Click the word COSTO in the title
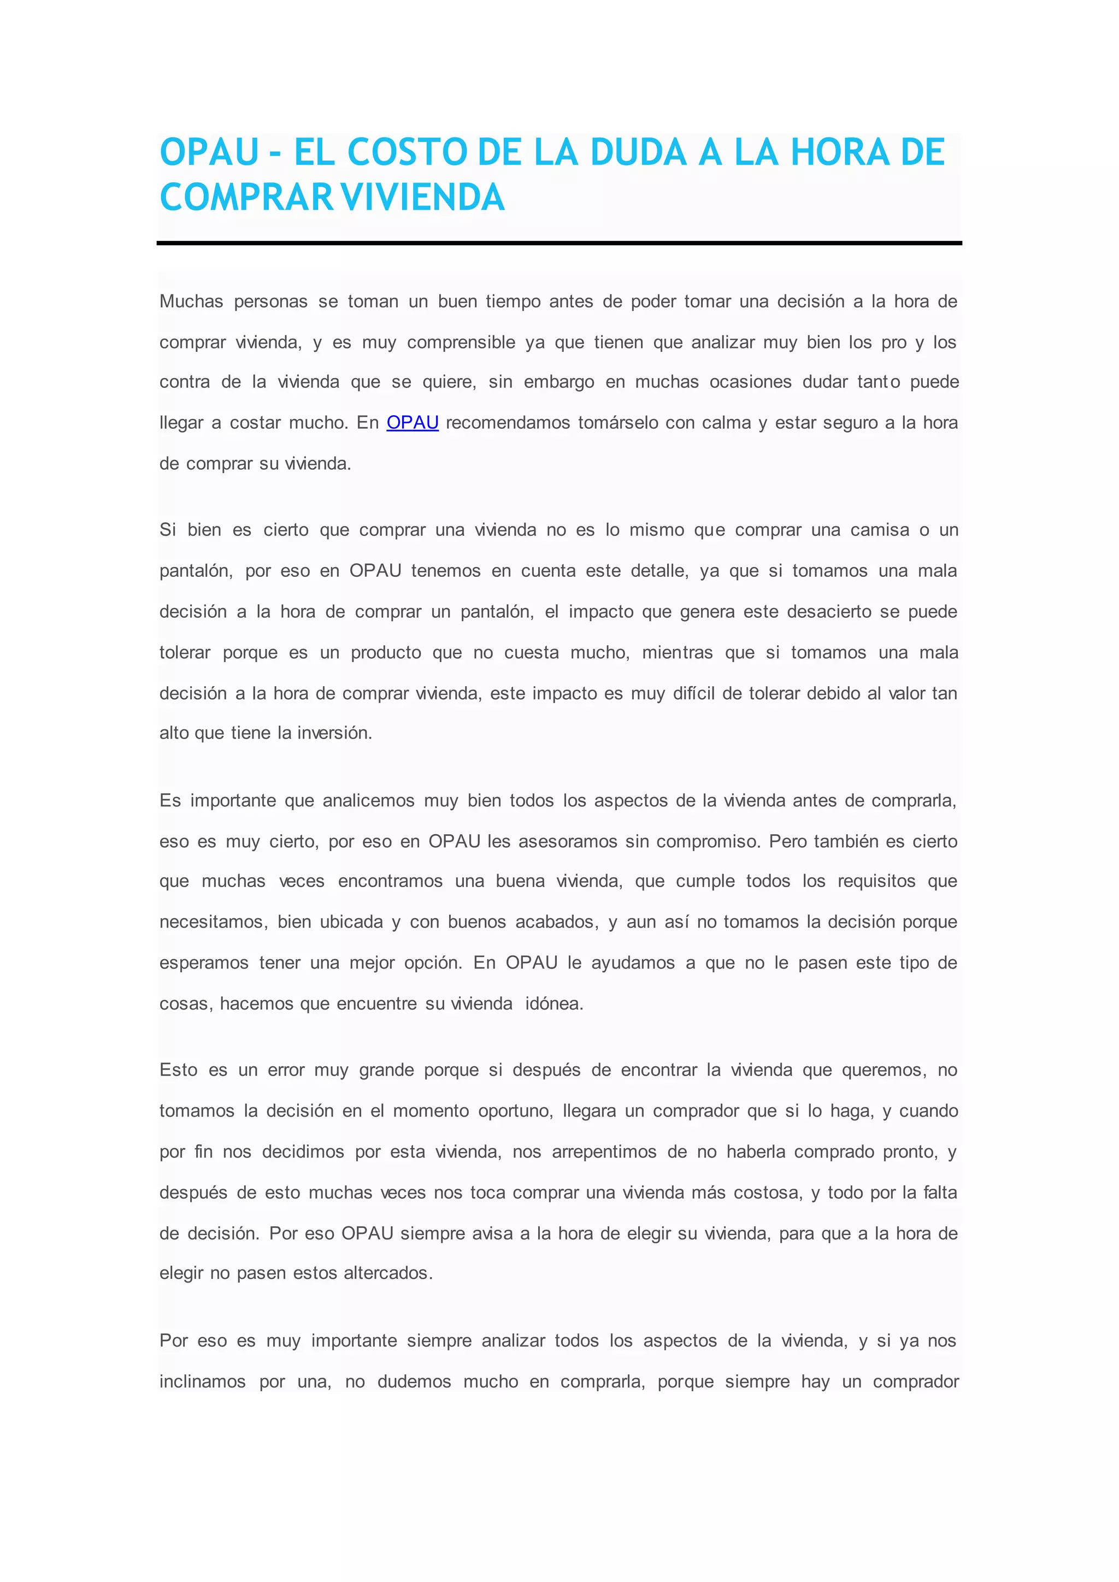tap(407, 152)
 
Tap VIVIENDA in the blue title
tap(423, 198)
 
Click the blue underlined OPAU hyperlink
tap(412, 422)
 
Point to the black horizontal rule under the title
tap(559, 243)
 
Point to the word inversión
tap(334, 733)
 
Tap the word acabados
tap(557, 922)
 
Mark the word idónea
tap(554, 1004)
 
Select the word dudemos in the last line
tap(414, 1382)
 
